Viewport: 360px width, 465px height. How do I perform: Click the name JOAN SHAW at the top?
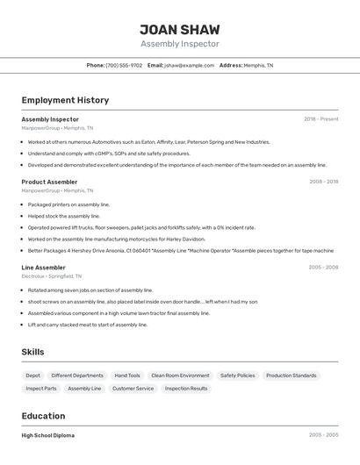click(x=180, y=29)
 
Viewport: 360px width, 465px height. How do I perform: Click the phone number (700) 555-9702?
click(x=124, y=65)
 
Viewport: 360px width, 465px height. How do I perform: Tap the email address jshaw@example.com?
click(x=190, y=65)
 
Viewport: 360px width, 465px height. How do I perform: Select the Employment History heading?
click(x=65, y=100)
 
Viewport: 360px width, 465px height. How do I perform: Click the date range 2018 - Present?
click(x=321, y=119)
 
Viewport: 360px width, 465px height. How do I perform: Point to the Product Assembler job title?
click(x=49, y=182)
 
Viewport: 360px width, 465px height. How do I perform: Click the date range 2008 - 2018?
click(x=323, y=182)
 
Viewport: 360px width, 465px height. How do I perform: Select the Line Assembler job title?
click(x=43, y=267)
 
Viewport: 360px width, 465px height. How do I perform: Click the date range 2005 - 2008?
click(x=323, y=267)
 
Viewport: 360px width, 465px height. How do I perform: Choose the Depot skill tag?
click(x=32, y=376)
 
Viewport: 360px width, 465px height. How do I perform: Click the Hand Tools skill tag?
click(x=127, y=376)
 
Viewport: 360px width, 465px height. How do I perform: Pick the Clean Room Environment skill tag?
click(x=180, y=376)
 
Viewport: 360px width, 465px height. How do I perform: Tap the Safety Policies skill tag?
click(x=237, y=376)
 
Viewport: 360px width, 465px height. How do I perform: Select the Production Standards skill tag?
click(x=292, y=376)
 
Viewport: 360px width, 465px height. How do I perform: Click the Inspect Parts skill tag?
click(x=41, y=388)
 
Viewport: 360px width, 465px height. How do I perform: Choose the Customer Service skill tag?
click(x=133, y=388)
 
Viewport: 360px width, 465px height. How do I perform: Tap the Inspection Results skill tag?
click(x=186, y=388)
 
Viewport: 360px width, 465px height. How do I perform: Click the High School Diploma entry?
click(x=48, y=435)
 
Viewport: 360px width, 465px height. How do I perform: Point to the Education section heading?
click(x=43, y=416)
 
